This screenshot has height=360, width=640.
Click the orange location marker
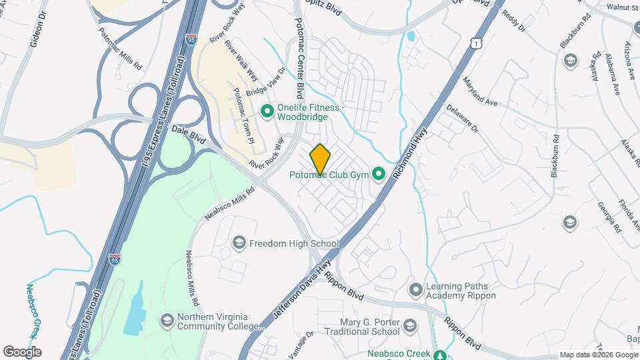pos(321,159)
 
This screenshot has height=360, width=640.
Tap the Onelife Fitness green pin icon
pos(267,111)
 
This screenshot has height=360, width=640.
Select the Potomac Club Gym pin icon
pos(379,175)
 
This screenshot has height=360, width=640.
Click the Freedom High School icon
pos(239,243)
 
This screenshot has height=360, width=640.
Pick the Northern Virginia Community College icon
pos(167,321)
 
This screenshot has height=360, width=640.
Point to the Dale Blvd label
pos(189,134)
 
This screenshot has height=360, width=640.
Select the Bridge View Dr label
pos(265,83)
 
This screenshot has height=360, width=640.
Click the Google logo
pos(22,352)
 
